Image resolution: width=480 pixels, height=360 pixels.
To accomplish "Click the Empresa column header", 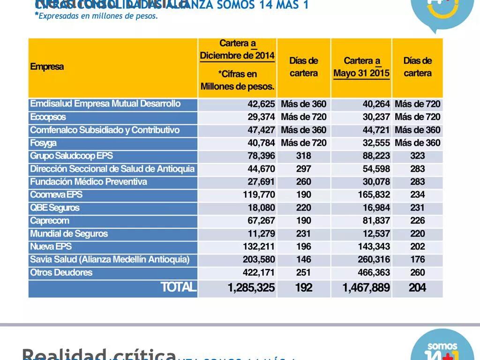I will pos(47,67).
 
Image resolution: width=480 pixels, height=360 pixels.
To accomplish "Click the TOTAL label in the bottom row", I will pos(178,287).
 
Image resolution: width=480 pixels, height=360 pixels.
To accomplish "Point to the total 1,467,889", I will pos(366,288).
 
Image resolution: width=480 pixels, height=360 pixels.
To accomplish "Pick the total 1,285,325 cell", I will pos(251,288).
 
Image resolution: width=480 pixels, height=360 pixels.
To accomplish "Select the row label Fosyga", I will pos(43,143).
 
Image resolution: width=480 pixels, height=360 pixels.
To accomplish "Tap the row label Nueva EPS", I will pos(51,247).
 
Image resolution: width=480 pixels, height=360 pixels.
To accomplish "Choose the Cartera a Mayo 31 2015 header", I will pos(361,67).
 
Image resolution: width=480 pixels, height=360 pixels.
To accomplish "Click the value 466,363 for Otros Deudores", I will pos(374,272).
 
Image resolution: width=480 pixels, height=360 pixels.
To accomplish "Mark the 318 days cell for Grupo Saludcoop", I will pos(303,156).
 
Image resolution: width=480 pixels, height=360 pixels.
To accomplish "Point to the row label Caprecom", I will pos(49,220).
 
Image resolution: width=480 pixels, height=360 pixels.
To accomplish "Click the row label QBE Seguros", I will pos(54,208).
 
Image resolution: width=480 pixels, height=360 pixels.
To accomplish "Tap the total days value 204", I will pos(417,288).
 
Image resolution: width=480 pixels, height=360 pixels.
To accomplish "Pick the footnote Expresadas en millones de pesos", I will pos(97,16).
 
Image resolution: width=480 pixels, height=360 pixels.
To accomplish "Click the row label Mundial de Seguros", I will pos(68,233).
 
